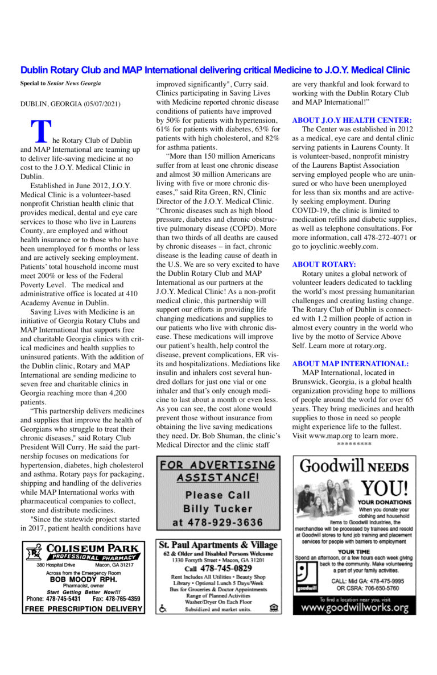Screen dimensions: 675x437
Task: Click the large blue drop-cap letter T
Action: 40,131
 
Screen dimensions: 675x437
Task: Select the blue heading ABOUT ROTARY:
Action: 324,264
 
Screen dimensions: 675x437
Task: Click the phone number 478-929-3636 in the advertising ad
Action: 218,522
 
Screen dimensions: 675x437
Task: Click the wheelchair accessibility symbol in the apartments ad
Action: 163,608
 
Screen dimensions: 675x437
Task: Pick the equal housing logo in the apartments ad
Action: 275,608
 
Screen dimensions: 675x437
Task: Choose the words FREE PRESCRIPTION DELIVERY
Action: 83,608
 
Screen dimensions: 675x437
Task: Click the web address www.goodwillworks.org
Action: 354,607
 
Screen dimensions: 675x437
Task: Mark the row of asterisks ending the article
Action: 354,444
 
